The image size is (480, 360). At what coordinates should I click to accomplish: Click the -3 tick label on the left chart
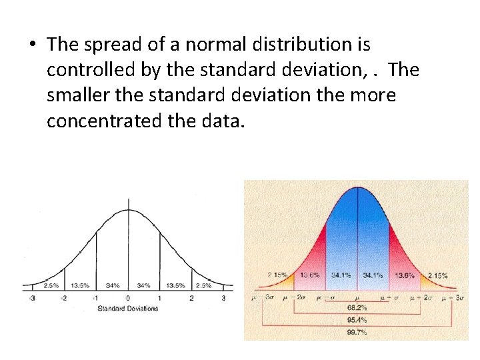32,298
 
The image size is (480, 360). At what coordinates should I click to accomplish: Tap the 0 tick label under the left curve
128,298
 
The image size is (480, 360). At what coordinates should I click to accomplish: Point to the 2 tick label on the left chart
191,298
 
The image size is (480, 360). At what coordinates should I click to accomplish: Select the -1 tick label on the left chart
96,298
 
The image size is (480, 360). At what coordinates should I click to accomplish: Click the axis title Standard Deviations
128,308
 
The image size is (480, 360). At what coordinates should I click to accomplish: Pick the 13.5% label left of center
80,285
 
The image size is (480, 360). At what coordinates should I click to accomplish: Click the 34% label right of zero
143,285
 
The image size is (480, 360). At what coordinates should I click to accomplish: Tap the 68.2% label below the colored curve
357,308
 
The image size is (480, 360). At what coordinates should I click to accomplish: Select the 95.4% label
357,319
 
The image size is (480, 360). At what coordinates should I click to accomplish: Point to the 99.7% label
357,331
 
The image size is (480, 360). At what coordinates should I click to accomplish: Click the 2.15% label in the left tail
277,275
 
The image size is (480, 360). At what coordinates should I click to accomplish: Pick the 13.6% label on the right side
404,275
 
